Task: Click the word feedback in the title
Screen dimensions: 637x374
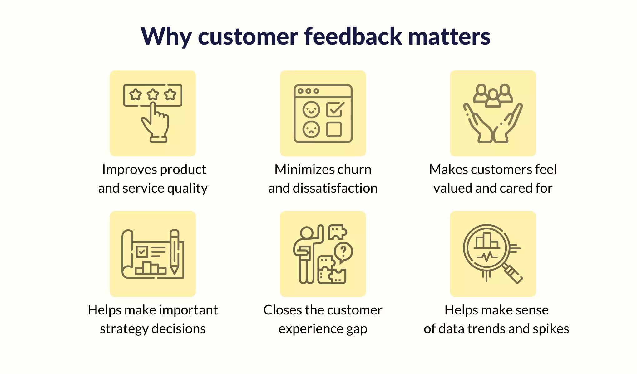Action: coord(353,36)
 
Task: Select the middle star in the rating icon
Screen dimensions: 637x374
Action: coord(153,94)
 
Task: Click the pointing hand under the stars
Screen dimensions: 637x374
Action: coord(156,123)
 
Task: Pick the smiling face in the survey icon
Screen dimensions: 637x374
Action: coord(311,110)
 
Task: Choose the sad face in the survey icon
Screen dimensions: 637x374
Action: coord(311,129)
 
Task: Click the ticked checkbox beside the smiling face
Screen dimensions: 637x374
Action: coord(335,109)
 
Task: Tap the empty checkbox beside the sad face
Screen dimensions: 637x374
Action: coord(334,129)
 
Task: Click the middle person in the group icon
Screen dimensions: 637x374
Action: coord(493,98)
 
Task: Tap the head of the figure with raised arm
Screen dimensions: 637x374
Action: coord(307,233)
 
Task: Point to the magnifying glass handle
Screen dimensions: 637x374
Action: coord(512,273)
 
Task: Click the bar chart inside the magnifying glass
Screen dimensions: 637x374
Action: coord(486,241)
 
